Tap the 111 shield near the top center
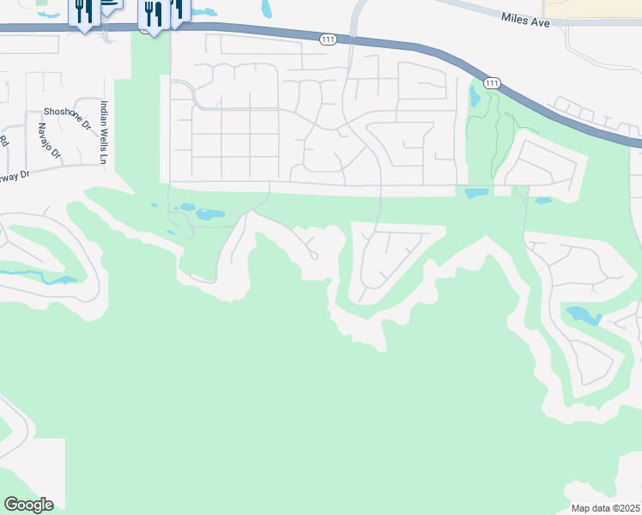click(x=327, y=39)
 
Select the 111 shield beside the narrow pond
click(x=491, y=83)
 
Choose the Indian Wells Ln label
click(x=103, y=132)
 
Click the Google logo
click(x=28, y=504)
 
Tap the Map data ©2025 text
click(x=605, y=508)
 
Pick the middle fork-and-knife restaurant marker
click(x=151, y=15)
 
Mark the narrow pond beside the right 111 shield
click(x=475, y=96)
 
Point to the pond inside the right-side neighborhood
click(x=583, y=316)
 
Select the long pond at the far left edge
click(x=39, y=278)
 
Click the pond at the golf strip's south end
click(x=476, y=193)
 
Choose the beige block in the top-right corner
click(x=592, y=8)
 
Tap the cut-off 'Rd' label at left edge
click(x=4, y=140)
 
